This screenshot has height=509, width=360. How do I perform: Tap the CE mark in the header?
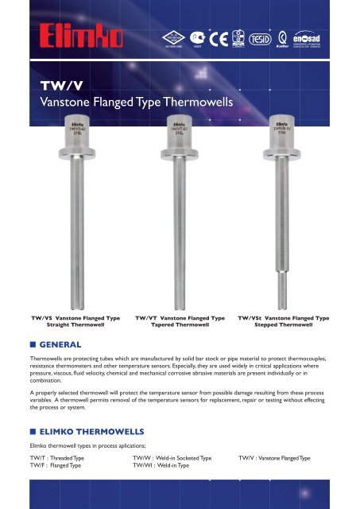pyautogui.click(x=228, y=38)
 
